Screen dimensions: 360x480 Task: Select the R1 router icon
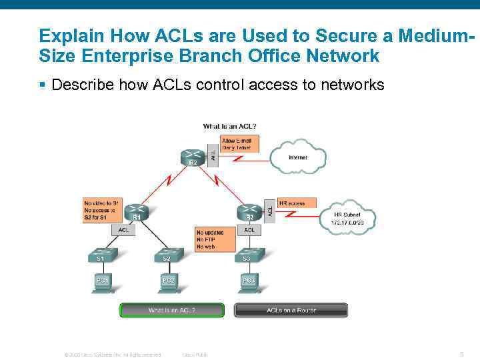click(x=135, y=212)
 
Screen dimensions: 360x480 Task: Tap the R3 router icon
click(x=248, y=212)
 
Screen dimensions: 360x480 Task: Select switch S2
click(x=167, y=256)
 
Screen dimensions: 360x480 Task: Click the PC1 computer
click(x=102, y=282)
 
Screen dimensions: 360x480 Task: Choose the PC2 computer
click(x=167, y=282)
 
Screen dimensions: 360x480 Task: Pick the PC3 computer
click(x=249, y=282)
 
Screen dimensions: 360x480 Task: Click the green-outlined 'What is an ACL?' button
click(x=172, y=311)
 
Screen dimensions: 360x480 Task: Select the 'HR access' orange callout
click(x=296, y=203)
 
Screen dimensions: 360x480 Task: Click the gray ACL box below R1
click(x=124, y=230)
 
